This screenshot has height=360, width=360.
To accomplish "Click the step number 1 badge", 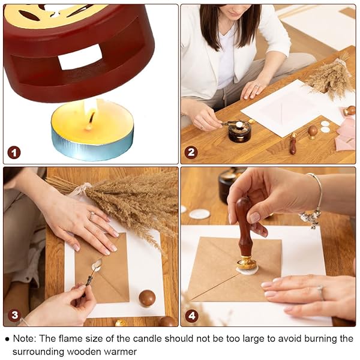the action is click(x=14, y=153).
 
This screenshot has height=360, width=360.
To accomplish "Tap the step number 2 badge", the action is click(x=191, y=152).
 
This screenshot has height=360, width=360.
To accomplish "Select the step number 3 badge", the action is click(x=14, y=315).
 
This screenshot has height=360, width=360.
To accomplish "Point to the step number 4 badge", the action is click(x=191, y=316).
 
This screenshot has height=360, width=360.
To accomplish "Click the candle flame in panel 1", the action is click(x=91, y=113).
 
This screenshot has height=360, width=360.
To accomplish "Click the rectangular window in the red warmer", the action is click(x=80, y=57).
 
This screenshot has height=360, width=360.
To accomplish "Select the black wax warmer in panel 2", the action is click(x=239, y=132).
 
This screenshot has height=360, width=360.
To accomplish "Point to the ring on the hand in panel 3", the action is click(x=92, y=216).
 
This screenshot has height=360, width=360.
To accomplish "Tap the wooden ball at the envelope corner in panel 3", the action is click(x=147, y=298).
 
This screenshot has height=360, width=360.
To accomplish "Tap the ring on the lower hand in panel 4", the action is click(x=321, y=292).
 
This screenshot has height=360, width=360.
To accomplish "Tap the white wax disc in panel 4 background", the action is click(x=199, y=214).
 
